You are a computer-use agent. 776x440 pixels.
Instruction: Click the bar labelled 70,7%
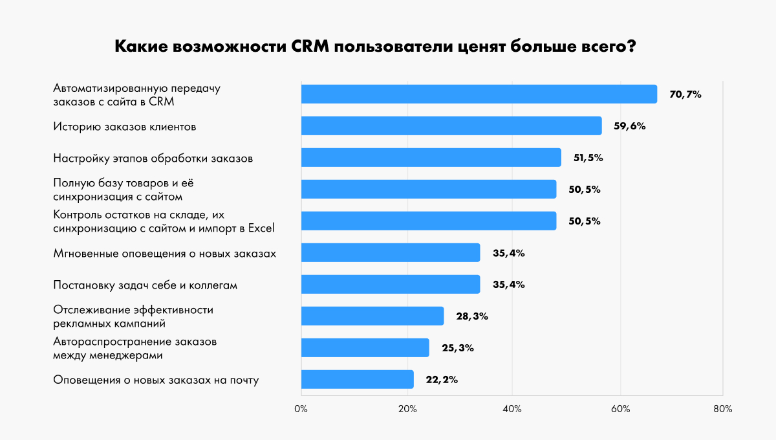click(479, 94)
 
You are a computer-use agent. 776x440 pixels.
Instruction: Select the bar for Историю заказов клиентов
click(451, 126)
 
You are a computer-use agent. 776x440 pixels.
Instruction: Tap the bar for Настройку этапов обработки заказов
click(431, 157)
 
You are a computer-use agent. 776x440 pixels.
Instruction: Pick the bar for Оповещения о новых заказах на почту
click(357, 379)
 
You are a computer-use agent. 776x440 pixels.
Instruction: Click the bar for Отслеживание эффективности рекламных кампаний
click(372, 316)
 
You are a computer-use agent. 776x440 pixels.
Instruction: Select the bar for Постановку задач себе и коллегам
click(391, 284)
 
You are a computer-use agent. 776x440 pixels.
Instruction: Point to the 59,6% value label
click(629, 126)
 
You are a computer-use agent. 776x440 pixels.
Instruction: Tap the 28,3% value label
click(471, 316)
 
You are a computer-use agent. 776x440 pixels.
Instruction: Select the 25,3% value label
click(457, 348)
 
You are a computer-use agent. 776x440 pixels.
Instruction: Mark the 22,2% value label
click(442, 380)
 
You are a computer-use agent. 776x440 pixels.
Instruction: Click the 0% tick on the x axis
click(301, 409)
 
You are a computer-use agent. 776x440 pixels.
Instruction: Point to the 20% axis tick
click(407, 409)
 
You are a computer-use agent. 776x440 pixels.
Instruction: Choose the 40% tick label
click(512, 409)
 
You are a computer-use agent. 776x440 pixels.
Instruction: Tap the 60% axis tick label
click(618, 409)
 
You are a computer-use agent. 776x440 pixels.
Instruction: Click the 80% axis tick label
click(722, 409)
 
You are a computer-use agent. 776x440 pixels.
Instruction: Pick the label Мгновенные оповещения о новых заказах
click(164, 253)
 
